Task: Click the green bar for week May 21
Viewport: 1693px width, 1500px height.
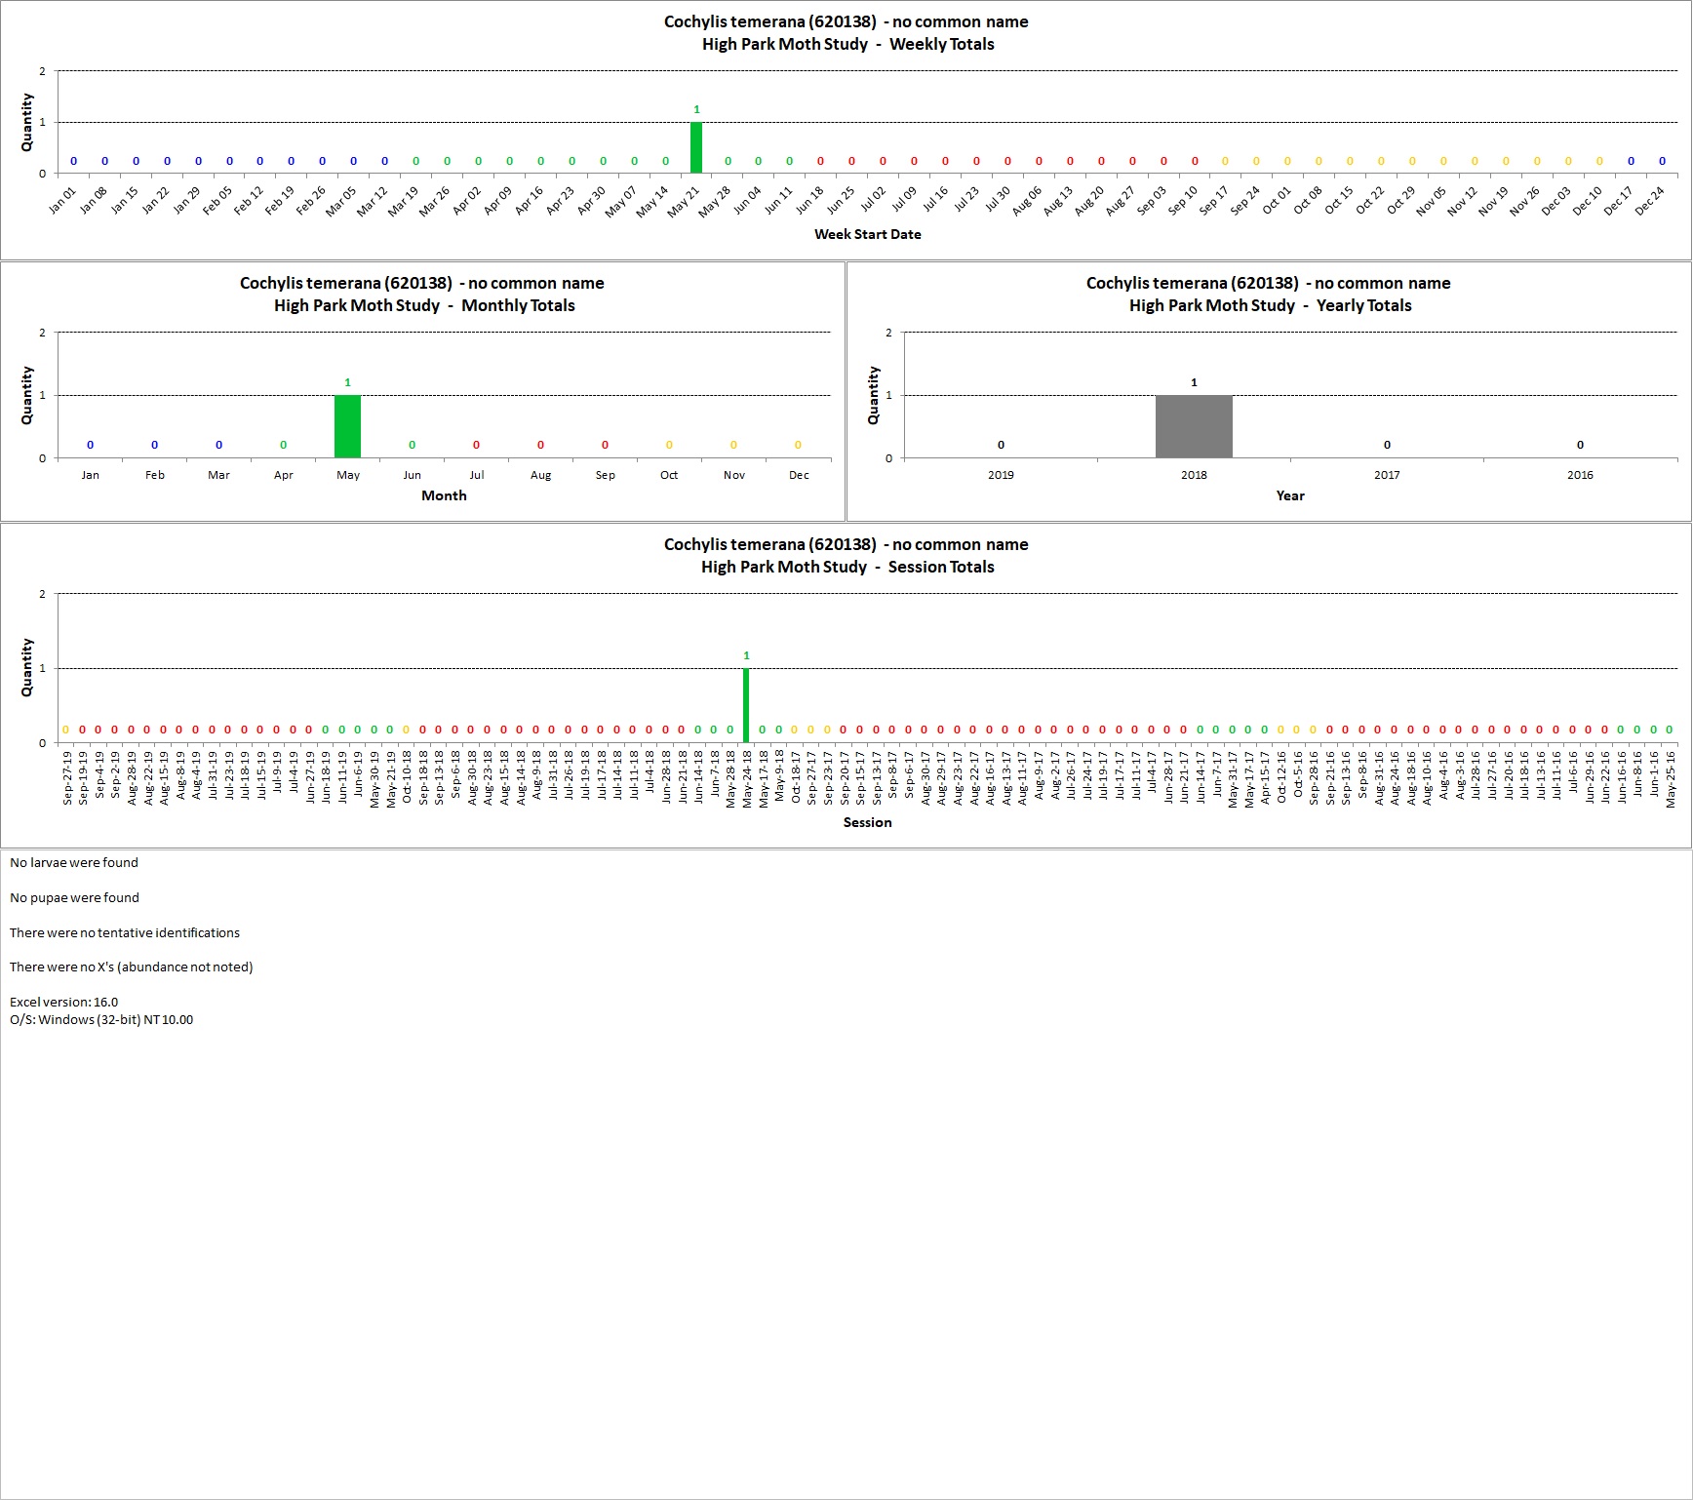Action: (x=696, y=147)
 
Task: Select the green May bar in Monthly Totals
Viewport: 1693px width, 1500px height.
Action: (x=347, y=426)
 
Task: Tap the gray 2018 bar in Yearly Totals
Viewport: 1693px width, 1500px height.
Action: (x=1194, y=426)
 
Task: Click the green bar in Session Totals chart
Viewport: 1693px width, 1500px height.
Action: (x=746, y=705)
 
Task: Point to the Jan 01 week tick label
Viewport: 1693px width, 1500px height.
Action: (x=62, y=200)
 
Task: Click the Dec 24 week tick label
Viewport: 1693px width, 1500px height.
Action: (x=1650, y=200)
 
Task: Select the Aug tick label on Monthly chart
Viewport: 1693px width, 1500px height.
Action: (x=540, y=475)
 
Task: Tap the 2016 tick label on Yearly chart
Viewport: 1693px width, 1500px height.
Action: (x=1580, y=475)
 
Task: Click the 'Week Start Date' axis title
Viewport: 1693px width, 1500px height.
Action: (x=868, y=234)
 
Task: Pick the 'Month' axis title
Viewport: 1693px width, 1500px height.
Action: (x=444, y=495)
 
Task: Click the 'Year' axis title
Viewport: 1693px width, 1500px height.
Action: (x=1290, y=495)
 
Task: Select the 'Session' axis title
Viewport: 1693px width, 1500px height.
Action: (x=868, y=822)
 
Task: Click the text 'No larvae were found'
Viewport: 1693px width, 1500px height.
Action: (x=74, y=862)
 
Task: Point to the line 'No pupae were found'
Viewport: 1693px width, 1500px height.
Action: (x=74, y=897)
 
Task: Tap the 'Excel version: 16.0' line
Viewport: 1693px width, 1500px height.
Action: (x=63, y=1002)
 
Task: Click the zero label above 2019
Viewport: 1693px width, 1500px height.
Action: (x=1001, y=445)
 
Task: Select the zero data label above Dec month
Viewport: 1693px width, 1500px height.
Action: (x=798, y=445)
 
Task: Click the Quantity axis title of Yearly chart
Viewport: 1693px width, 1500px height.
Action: (x=873, y=395)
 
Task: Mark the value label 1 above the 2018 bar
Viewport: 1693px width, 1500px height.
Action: (x=1194, y=382)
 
